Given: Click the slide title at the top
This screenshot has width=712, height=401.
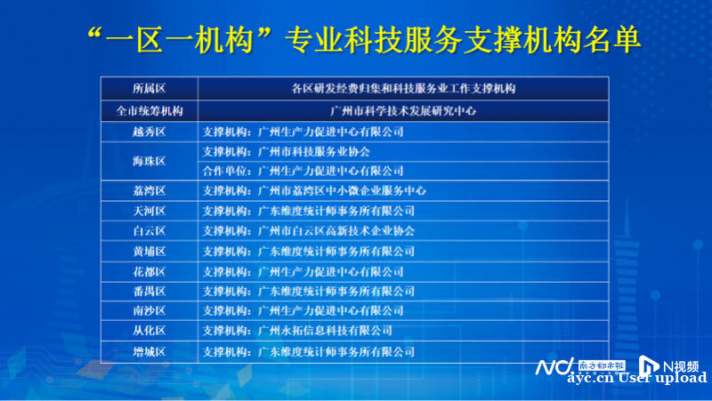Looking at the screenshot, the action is pyautogui.click(x=364, y=40).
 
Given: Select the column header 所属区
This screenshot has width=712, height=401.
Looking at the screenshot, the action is pyautogui.click(x=149, y=88).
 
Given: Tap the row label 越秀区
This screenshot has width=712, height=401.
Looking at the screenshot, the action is pyautogui.click(x=149, y=132).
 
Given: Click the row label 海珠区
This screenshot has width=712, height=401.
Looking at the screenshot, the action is pyautogui.click(x=149, y=161).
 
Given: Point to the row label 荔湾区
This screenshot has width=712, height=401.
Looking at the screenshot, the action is pyautogui.click(x=149, y=191).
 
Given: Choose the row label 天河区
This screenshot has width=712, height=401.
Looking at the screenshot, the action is pyautogui.click(x=149, y=211).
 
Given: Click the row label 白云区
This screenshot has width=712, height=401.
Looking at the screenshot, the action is pyautogui.click(x=149, y=231).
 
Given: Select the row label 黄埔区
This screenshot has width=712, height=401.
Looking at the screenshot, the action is pyautogui.click(x=149, y=252).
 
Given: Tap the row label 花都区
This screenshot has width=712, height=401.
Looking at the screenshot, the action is pyautogui.click(x=149, y=272).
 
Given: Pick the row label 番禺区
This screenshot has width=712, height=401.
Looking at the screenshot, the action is pyautogui.click(x=149, y=292).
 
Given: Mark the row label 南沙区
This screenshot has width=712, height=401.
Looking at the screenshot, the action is pyautogui.click(x=149, y=310).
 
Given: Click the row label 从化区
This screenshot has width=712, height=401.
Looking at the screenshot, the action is pyautogui.click(x=149, y=331).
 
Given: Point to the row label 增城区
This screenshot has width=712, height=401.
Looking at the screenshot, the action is pyautogui.click(x=149, y=351).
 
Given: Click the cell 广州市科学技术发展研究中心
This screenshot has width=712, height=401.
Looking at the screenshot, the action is pyautogui.click(x=403, y=111).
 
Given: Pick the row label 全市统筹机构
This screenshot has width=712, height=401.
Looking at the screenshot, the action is pyautogui.click(x=149, y=111).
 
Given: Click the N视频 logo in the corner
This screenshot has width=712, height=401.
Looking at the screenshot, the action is pyautogui.click(x=669, y=365).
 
